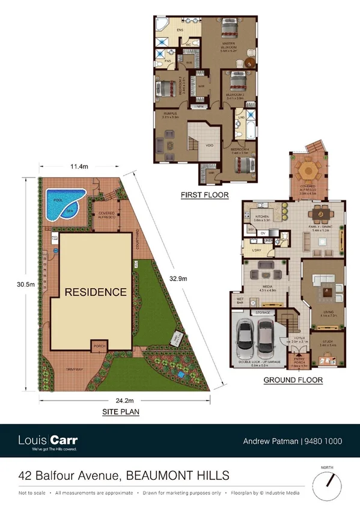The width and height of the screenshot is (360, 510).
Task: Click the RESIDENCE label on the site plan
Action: point(96,292)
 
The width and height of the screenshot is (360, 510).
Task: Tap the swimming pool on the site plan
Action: point(63,204)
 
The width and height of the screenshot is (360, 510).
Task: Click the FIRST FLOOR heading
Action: point(204,195)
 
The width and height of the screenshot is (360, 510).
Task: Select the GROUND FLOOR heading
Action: point(293,380)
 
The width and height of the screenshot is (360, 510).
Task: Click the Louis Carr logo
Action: point(48,441)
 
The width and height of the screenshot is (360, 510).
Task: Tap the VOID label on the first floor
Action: point(210,144)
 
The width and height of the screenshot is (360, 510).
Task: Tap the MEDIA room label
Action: point(267,287)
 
